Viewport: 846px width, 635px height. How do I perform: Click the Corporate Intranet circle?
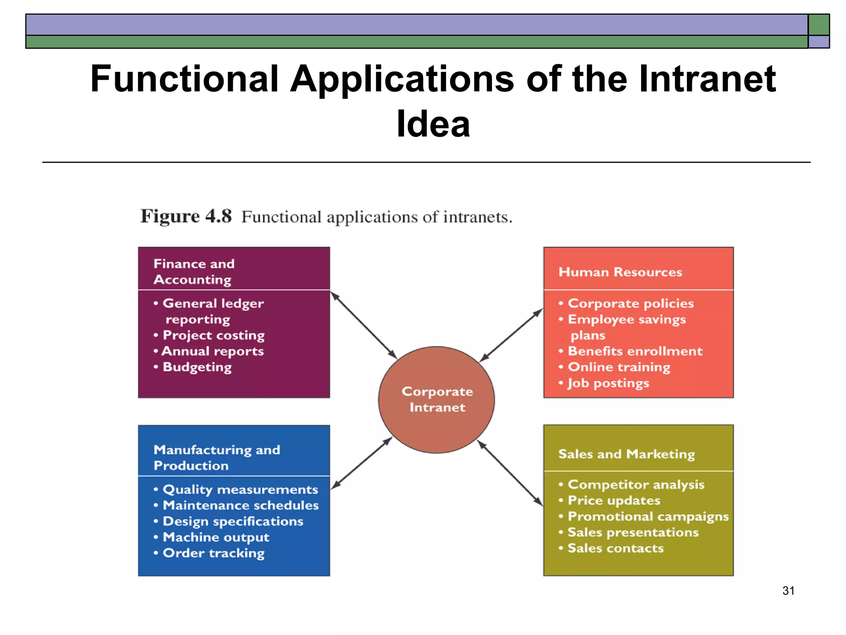pyautogui.click(x=437, y=399)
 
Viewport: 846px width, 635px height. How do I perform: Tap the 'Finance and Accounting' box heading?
pyautogui.click(x=193, y=271)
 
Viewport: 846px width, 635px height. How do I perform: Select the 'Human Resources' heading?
pyautogui.click(x=620, y=272)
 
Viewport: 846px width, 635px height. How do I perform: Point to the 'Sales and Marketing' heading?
pyautogui.click(x=626, y=454)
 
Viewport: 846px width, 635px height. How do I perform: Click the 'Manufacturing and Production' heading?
pyautogui.click(x=216, y=457)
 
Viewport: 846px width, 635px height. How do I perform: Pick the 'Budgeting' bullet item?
pyautogui.click(x=197, y=367)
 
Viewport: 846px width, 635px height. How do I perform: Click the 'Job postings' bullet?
pyautogui.click(x=608, y=383)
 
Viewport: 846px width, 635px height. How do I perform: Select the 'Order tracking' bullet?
pyautogui.click(x=213, y=553)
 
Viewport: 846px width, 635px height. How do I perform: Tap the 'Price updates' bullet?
pyautogui.click(x=614, y=501)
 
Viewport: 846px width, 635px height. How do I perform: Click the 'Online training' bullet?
pyautogui.click(x=619, y=367)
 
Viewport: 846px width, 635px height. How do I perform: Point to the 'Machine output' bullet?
pyautogui.click(x=216, y=537)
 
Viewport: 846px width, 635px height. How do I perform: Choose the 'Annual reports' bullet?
pyautogui.click(x=212, y=351)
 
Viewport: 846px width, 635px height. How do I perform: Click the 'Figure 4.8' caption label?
pyautogui.click(x=186, y=216)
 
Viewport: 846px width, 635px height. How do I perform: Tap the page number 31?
pyautogui.click(x=788, y=591)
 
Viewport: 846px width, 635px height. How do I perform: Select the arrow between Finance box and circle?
pyautogui.click(x=364, y=325)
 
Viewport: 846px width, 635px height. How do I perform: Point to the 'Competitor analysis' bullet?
pyautogui.click(x=635, y=485)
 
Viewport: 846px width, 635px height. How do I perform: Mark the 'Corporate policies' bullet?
pyautogui.click(x=630, y=303)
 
